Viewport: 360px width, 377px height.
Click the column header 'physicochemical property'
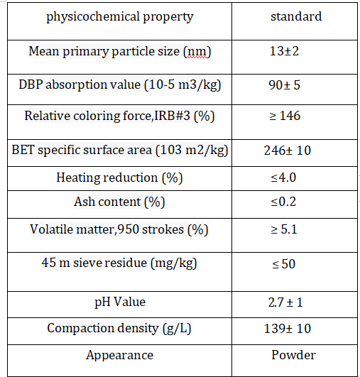(120, 17)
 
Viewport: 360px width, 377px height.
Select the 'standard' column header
(296, 16)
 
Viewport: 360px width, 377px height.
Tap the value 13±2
(284, 51)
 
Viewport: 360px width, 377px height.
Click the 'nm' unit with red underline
(197, 52)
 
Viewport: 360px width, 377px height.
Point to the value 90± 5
(285, 85)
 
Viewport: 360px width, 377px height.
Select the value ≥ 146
(285, 116)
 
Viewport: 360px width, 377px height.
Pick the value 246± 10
(288, 151)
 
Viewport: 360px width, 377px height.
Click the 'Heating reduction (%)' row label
(119, 178)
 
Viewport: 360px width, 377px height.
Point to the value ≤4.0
(283, 177)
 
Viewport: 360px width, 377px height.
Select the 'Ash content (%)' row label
(119, 202)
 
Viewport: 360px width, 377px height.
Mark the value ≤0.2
(283, 202)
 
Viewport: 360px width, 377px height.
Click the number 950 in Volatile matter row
(129, 229)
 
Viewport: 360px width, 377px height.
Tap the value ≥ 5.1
(284, 229)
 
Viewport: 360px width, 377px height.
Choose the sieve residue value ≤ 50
(284, 264)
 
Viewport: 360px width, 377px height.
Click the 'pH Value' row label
(120, 302)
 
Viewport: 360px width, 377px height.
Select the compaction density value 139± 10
(288, 329)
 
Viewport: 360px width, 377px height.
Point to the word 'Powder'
(293, 355)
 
